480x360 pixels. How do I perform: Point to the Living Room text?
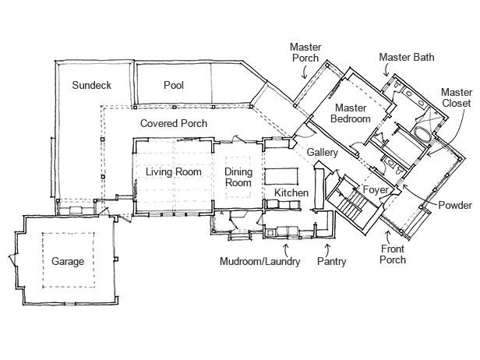174,172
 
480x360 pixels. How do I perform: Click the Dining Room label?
238,177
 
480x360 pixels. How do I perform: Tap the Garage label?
68,261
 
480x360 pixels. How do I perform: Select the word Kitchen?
291,192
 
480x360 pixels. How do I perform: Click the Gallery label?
321,152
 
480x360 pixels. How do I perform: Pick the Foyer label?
376,189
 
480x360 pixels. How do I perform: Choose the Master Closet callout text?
456,97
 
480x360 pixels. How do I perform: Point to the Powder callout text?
455,206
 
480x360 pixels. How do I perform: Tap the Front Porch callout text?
393,254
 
